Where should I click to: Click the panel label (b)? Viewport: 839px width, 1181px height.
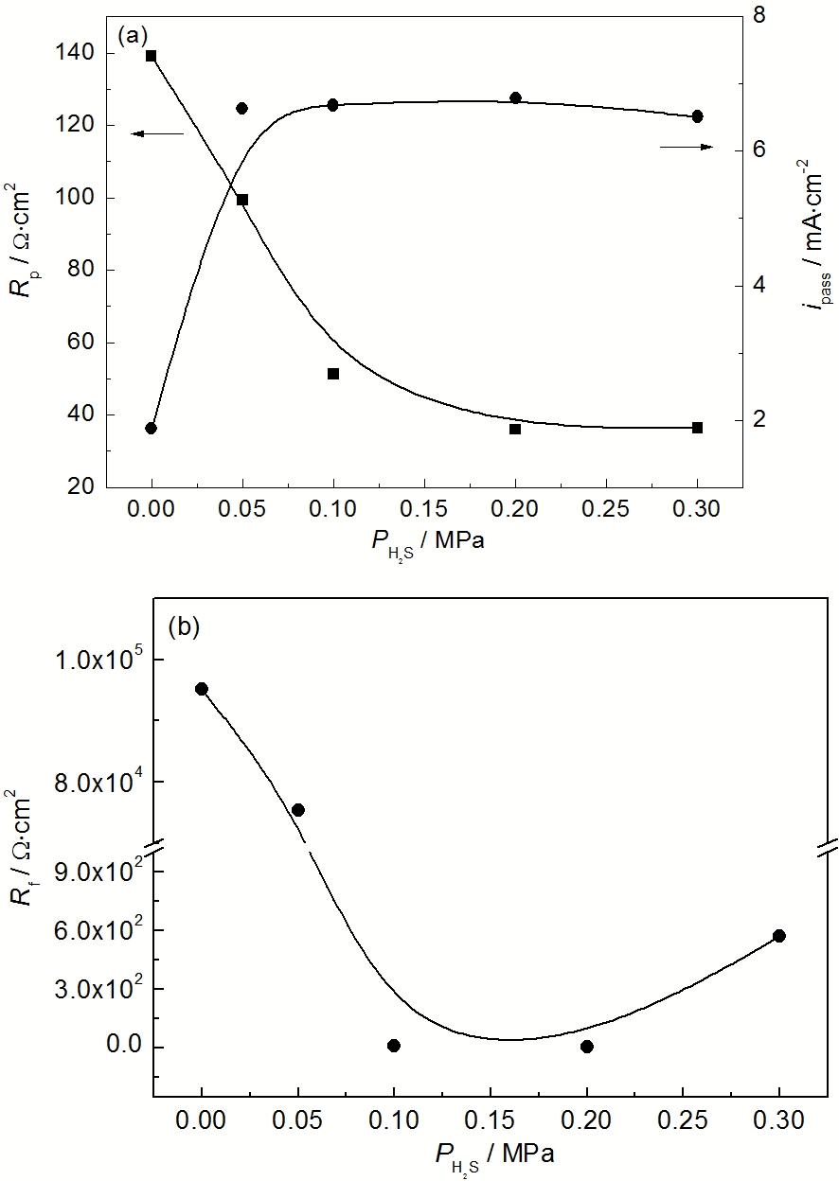click(183, 626)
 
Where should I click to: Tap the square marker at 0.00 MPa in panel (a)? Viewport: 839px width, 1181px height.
click(152, 56)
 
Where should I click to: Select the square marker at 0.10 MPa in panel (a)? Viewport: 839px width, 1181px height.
click(333, 374)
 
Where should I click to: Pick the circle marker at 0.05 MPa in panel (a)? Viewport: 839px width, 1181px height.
click(241, 109)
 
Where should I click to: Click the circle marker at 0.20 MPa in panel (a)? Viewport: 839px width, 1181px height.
click(515, 97)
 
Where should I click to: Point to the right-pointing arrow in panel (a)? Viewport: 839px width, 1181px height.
click(687, 147)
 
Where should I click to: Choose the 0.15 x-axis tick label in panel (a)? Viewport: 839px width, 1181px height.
click(424, 508)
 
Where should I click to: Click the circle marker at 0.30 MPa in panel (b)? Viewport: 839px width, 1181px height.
click(779, 936)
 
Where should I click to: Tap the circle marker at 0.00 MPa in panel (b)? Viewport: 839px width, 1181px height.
click(202, 689)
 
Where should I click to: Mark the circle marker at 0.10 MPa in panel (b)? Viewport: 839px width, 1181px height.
click(394, 1046)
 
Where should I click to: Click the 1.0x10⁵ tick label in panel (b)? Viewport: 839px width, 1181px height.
click(96, 661)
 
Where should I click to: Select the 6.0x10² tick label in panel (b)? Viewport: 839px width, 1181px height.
click(96, 931)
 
